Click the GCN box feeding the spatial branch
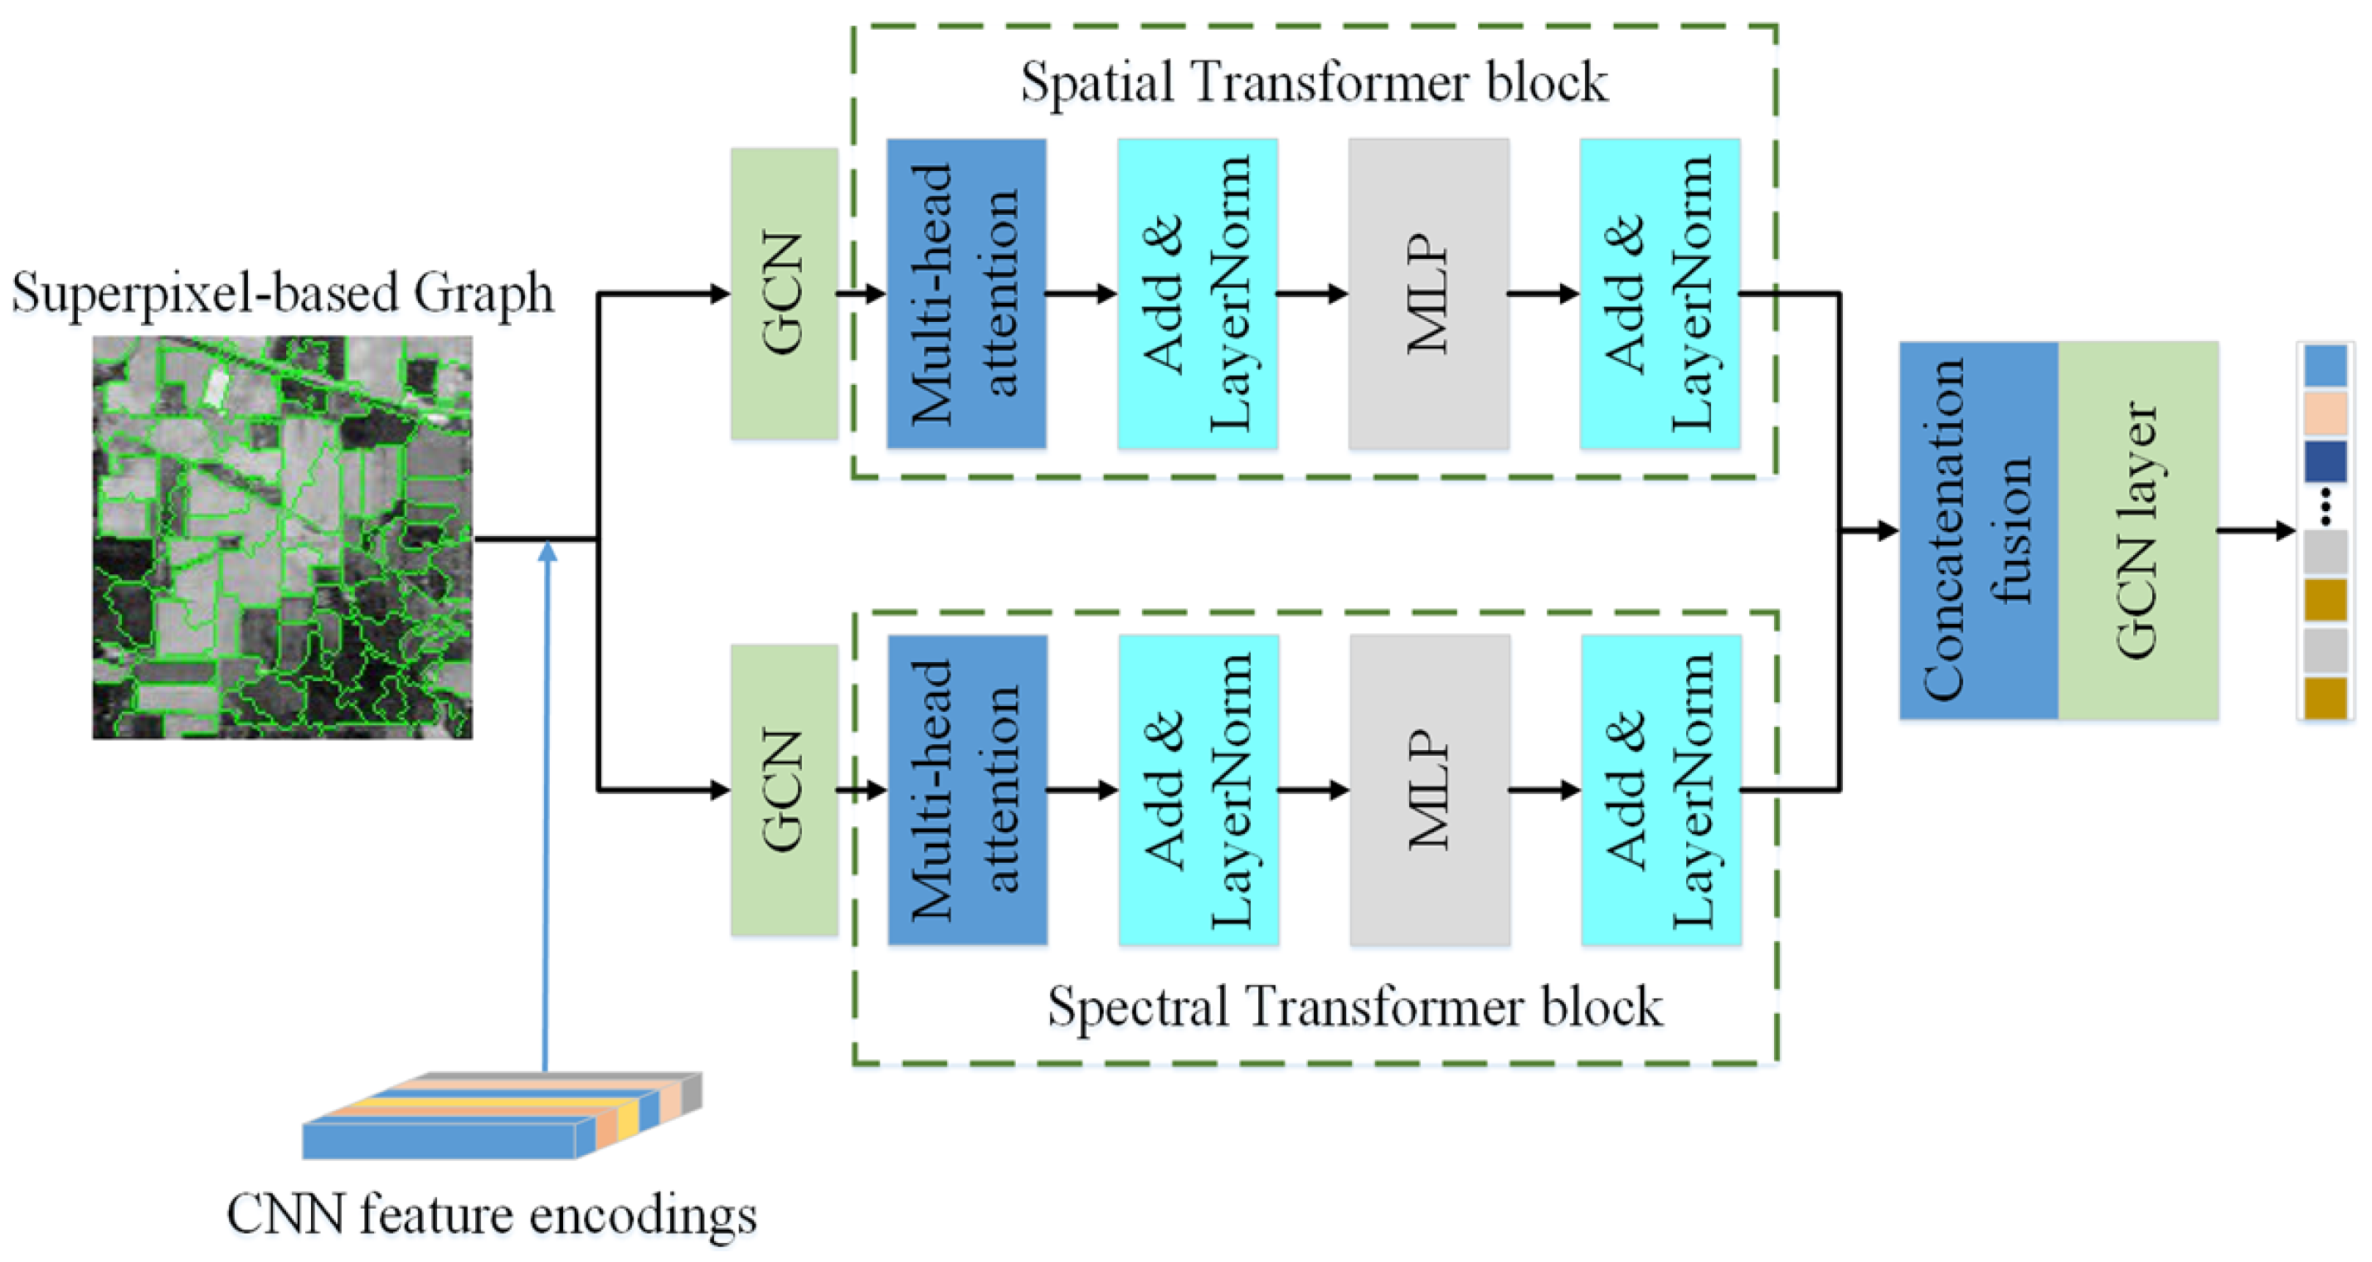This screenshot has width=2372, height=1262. (784, 293)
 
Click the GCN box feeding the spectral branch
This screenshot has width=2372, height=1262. (784, 789)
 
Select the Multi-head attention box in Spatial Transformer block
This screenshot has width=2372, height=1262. (966, 293)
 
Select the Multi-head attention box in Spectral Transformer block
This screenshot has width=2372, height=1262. (967, 789)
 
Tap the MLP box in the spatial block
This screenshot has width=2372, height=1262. (1428, 293)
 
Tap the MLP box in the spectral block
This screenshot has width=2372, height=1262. (1429, 789)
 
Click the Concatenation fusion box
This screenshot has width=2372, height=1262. (1978, 529)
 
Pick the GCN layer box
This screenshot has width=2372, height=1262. (2137, 529)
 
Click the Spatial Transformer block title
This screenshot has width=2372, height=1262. (1313, 83)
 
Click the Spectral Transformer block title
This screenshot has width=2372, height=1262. (1354, 1006)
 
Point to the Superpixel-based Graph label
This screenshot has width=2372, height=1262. (282, 293)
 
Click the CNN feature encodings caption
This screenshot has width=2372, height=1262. (492, 1214)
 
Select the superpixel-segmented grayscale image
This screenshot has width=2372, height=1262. (282, 536)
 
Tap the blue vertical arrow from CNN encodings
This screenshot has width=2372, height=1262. (547, 811)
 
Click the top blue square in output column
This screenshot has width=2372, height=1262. (2325, 366)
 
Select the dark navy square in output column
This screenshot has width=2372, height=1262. (2325, 460)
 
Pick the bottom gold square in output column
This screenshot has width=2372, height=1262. (2325, 697)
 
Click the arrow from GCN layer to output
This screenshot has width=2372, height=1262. (2254, 529)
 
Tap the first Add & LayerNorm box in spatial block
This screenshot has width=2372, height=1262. (1197, 293)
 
